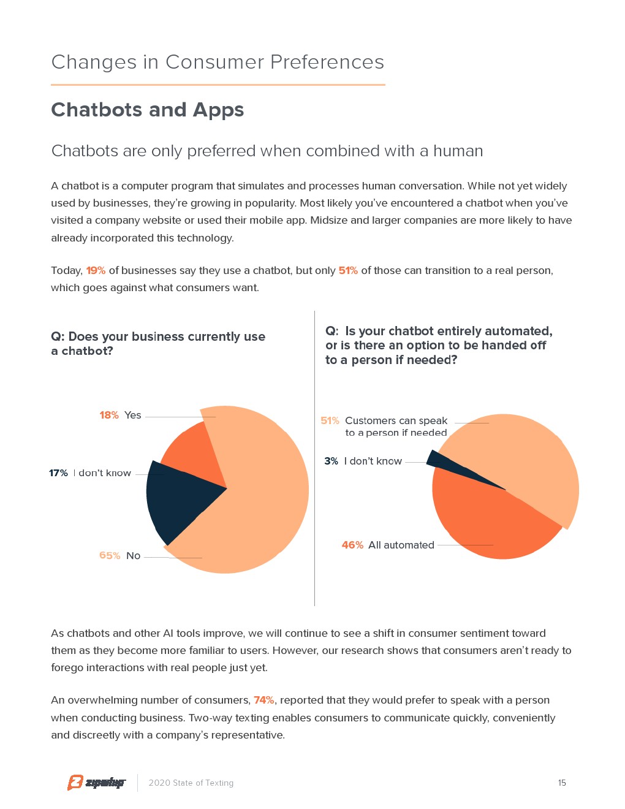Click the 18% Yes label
point(121,415)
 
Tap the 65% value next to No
point(110,555)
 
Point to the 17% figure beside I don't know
point(58,473)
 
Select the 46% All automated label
point(388,545)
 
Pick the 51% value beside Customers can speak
point(330,420)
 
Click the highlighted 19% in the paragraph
point(96,270)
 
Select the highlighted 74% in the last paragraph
point(263,700)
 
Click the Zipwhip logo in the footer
point(96,783)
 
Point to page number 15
point(562,783)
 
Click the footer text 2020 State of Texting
point(191,783)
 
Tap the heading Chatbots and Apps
point(148,110)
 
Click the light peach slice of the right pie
point(521,460)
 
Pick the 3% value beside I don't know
point(331,461)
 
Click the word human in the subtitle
point(458,151)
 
